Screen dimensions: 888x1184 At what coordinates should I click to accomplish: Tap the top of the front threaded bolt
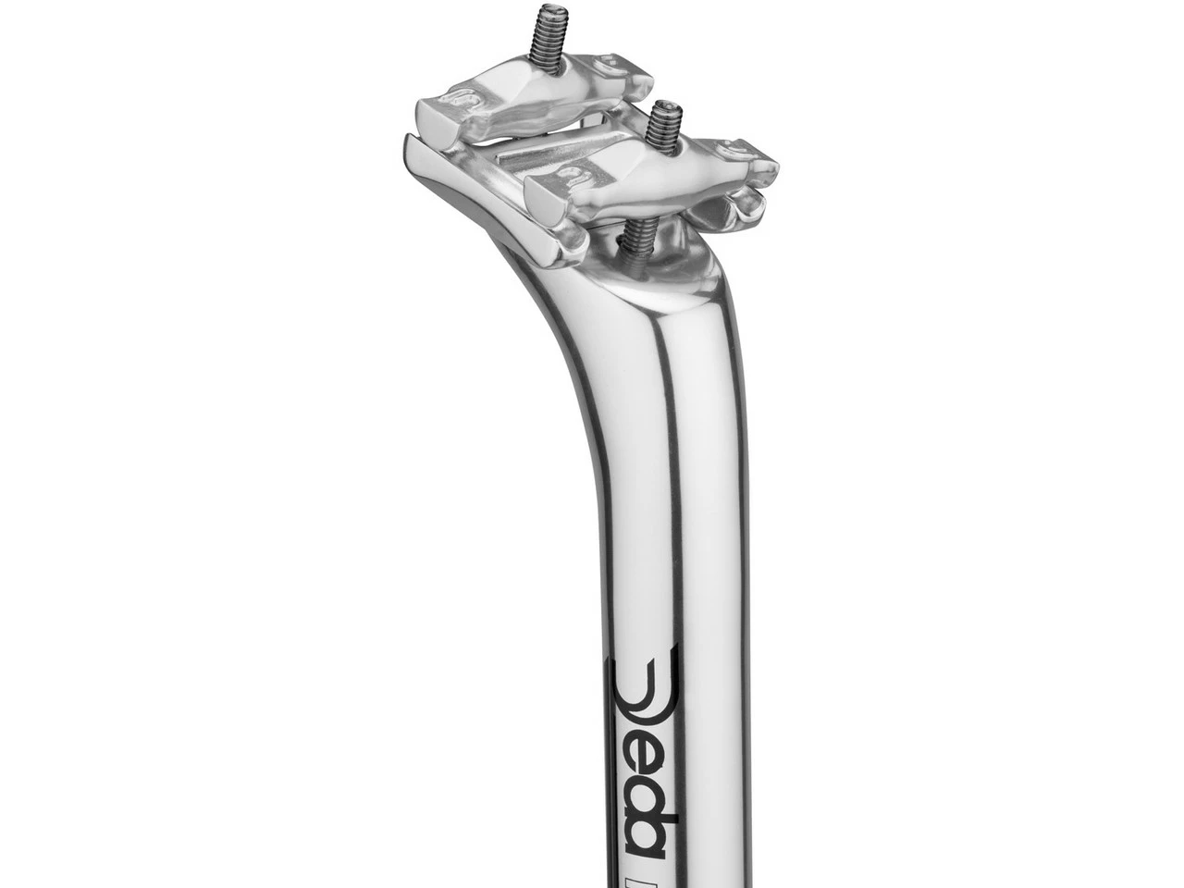point(662,106)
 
